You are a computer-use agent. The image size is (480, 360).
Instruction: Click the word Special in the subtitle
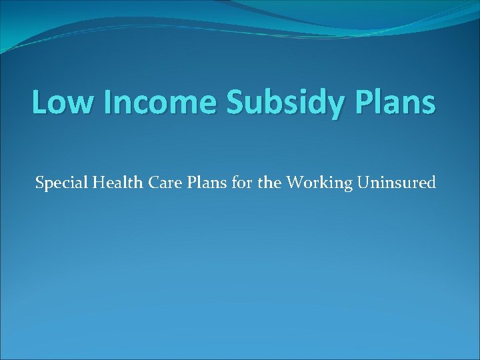pyautogui.click(x=60, y=182)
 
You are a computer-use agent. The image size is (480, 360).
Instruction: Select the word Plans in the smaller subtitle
pyautogui.click(x=205, y=181)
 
